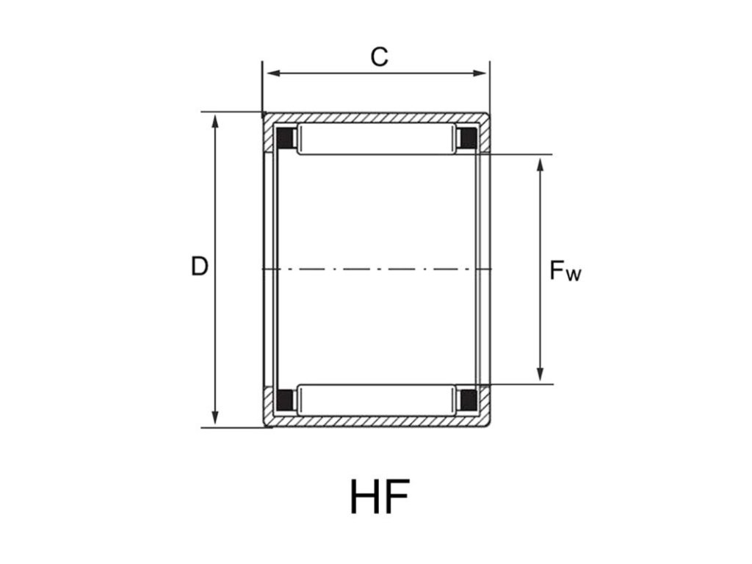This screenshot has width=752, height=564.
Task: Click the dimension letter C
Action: click(379, 57)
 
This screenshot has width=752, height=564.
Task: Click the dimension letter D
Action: click(200, 266)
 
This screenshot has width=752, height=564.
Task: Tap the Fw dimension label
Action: click(565, 270)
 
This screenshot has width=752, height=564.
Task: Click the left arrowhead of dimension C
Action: click(273, 73)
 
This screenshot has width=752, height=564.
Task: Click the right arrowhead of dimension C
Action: click(479, 73)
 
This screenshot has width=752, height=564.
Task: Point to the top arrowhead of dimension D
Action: click(215, 122)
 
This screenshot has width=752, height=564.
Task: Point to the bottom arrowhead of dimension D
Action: click(215, 418)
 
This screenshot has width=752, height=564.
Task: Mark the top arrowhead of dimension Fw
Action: click(540, 164)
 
